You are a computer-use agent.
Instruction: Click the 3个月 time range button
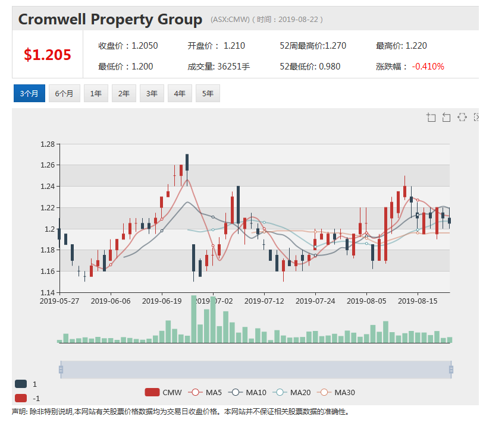tap(29, 93)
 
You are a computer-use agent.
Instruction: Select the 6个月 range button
tap(64, 93)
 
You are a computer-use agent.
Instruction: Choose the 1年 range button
tap(96, 93)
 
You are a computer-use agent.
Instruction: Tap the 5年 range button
tap(208, 93)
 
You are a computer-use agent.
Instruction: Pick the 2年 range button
tap(124, 93)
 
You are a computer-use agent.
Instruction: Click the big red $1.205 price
tap(48, 55)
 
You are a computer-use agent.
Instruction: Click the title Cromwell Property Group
tap(110, 20)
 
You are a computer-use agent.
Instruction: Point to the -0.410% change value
tap(428, 67)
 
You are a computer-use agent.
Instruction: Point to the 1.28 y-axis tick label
tap(48, 144)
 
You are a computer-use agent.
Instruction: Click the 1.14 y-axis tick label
tap(48, 292)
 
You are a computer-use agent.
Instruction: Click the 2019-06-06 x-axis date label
tap(111, 301)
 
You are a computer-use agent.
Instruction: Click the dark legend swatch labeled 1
tap(21, 384)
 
